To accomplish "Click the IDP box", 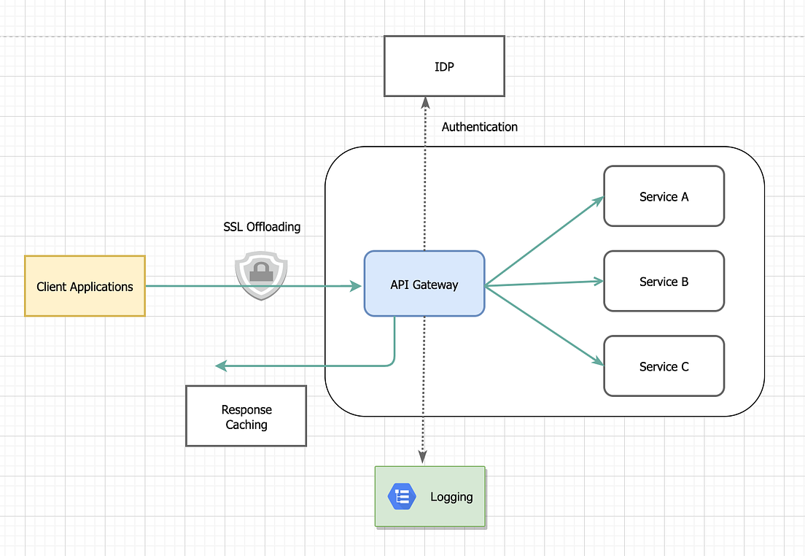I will pos(444,67).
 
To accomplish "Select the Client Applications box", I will pos(85,286).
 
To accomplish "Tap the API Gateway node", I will pos(424,285).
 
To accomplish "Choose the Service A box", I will pos(664,196).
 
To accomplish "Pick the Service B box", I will pos(664,282).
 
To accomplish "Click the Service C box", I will pos(664,366).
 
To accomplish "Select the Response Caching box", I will pos(246,417).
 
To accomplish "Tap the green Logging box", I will pos(429,497).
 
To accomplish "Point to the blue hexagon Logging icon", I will pos(402,497).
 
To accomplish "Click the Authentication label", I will pos(479,127).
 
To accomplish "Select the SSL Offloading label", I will pos(262,227).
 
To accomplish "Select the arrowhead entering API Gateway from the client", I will pos(357,287).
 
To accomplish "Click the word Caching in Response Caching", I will pos(246,425).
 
